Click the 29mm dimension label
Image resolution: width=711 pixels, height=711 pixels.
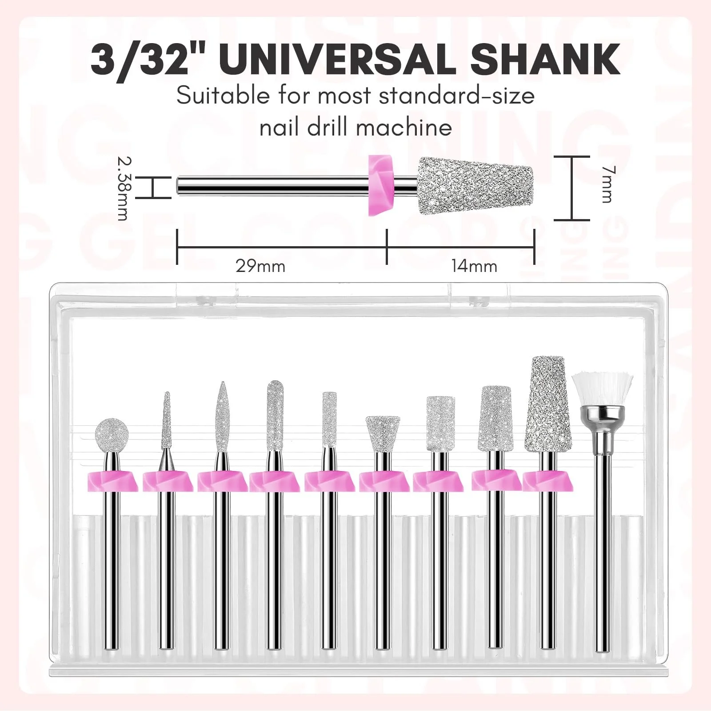[260, 266]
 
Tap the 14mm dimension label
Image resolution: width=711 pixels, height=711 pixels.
[475, 266]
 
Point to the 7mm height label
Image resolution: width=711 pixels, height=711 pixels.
[606, 184]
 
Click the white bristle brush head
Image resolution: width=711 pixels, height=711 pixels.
[602, 392]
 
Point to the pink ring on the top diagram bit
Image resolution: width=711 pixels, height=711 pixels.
[380, 185]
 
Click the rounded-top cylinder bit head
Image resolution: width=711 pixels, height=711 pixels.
[275, 411]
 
